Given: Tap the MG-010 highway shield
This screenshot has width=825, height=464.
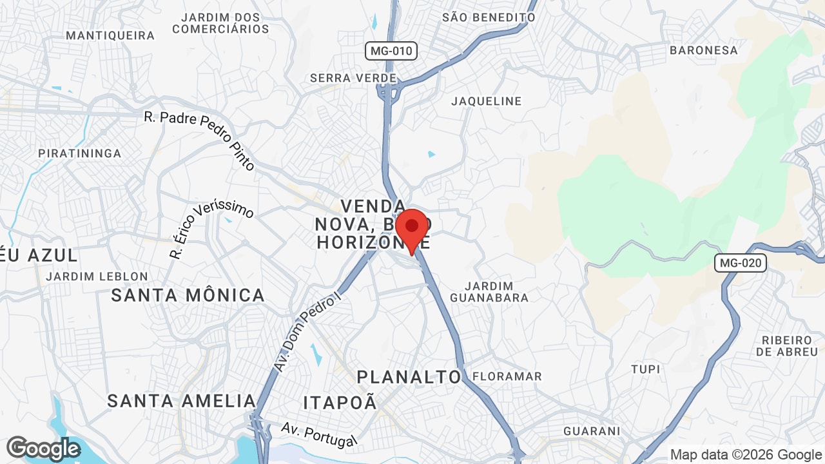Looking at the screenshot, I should coord(391,51).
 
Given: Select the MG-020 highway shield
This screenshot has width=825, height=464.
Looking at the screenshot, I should coord(740,262).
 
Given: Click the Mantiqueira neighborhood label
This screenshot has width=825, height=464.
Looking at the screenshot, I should coord(110,35).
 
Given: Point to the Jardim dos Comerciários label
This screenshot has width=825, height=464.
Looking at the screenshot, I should coord(220,23).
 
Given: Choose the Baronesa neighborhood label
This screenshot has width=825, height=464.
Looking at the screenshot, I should coord(703,50).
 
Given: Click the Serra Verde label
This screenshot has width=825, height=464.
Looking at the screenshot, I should coord(353,78).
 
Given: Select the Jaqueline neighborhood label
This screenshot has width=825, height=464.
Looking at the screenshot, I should coord(486,101).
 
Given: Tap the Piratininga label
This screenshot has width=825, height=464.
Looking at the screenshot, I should coord(80,153).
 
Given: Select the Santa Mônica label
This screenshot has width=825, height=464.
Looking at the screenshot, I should coord(188,295).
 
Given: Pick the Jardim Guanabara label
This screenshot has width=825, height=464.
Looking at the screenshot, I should coord(489,291).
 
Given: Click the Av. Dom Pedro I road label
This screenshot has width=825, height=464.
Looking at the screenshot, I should coord(306,333).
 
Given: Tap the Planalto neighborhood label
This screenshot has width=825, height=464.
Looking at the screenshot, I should coord(409,377).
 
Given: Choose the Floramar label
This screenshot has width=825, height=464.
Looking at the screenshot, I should coord(507,376).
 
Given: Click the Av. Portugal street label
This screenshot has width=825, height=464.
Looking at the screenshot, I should coord(318,434).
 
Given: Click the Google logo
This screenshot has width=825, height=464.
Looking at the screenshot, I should coord(43,449).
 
